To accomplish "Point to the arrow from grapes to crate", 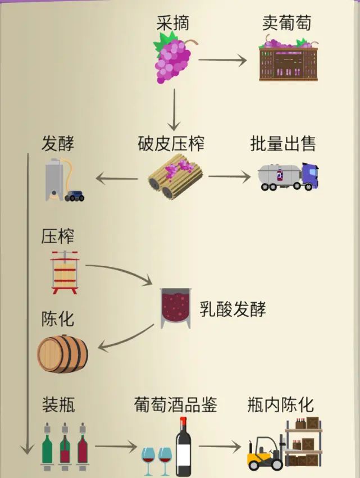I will pos(222,60).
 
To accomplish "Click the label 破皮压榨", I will pos(171,144).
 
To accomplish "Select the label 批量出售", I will pos(283,144).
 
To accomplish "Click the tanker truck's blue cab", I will pos(309,176).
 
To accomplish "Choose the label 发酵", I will pos(58,144).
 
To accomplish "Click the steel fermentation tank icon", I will pos(54,179).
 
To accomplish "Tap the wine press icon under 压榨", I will pos(66,272).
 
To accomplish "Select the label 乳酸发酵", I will pos(233,308).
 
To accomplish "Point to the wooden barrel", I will pos(63,354).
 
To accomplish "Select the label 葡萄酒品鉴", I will pos(175,404).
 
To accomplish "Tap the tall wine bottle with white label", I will pos(183,448).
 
